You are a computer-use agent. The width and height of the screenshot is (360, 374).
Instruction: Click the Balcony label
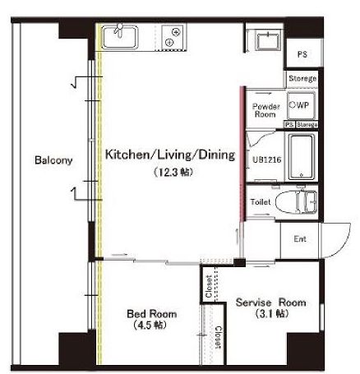coord(53,160)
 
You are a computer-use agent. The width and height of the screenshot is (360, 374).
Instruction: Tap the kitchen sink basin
coord(120,38)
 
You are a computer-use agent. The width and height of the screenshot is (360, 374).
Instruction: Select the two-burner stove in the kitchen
coord(173,37)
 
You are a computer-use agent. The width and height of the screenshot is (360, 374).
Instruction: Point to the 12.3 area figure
coord(173,173)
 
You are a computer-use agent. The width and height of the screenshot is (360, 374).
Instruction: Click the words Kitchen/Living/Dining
coord(170,155)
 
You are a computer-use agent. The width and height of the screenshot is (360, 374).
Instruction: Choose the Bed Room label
coord(151,314)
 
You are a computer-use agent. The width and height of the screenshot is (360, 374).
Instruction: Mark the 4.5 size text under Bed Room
coord(150,326)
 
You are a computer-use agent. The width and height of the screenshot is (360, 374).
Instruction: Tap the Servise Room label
coord(270,302)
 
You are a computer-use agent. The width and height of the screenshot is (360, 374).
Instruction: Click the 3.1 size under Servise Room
coord(271,313)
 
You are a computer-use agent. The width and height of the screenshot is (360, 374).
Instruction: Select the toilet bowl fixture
coord(296,202)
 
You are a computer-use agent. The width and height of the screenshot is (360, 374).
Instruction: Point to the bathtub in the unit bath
coord(301,157)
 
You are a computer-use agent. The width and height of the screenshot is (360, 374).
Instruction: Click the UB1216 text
coord(267,159)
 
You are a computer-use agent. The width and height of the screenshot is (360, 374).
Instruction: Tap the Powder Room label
coord(266,110)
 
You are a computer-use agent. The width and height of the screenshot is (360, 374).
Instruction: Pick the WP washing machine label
coord(299,105)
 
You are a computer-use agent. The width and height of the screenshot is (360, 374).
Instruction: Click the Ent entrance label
coord(300,239)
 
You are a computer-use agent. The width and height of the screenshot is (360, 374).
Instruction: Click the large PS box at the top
coord(302,54)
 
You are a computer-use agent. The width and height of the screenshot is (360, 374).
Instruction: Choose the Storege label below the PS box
coord(302,79)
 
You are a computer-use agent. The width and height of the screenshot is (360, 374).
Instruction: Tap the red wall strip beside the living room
coord(242,154)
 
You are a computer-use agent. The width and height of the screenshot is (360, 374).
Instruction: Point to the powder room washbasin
coord(268,41)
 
